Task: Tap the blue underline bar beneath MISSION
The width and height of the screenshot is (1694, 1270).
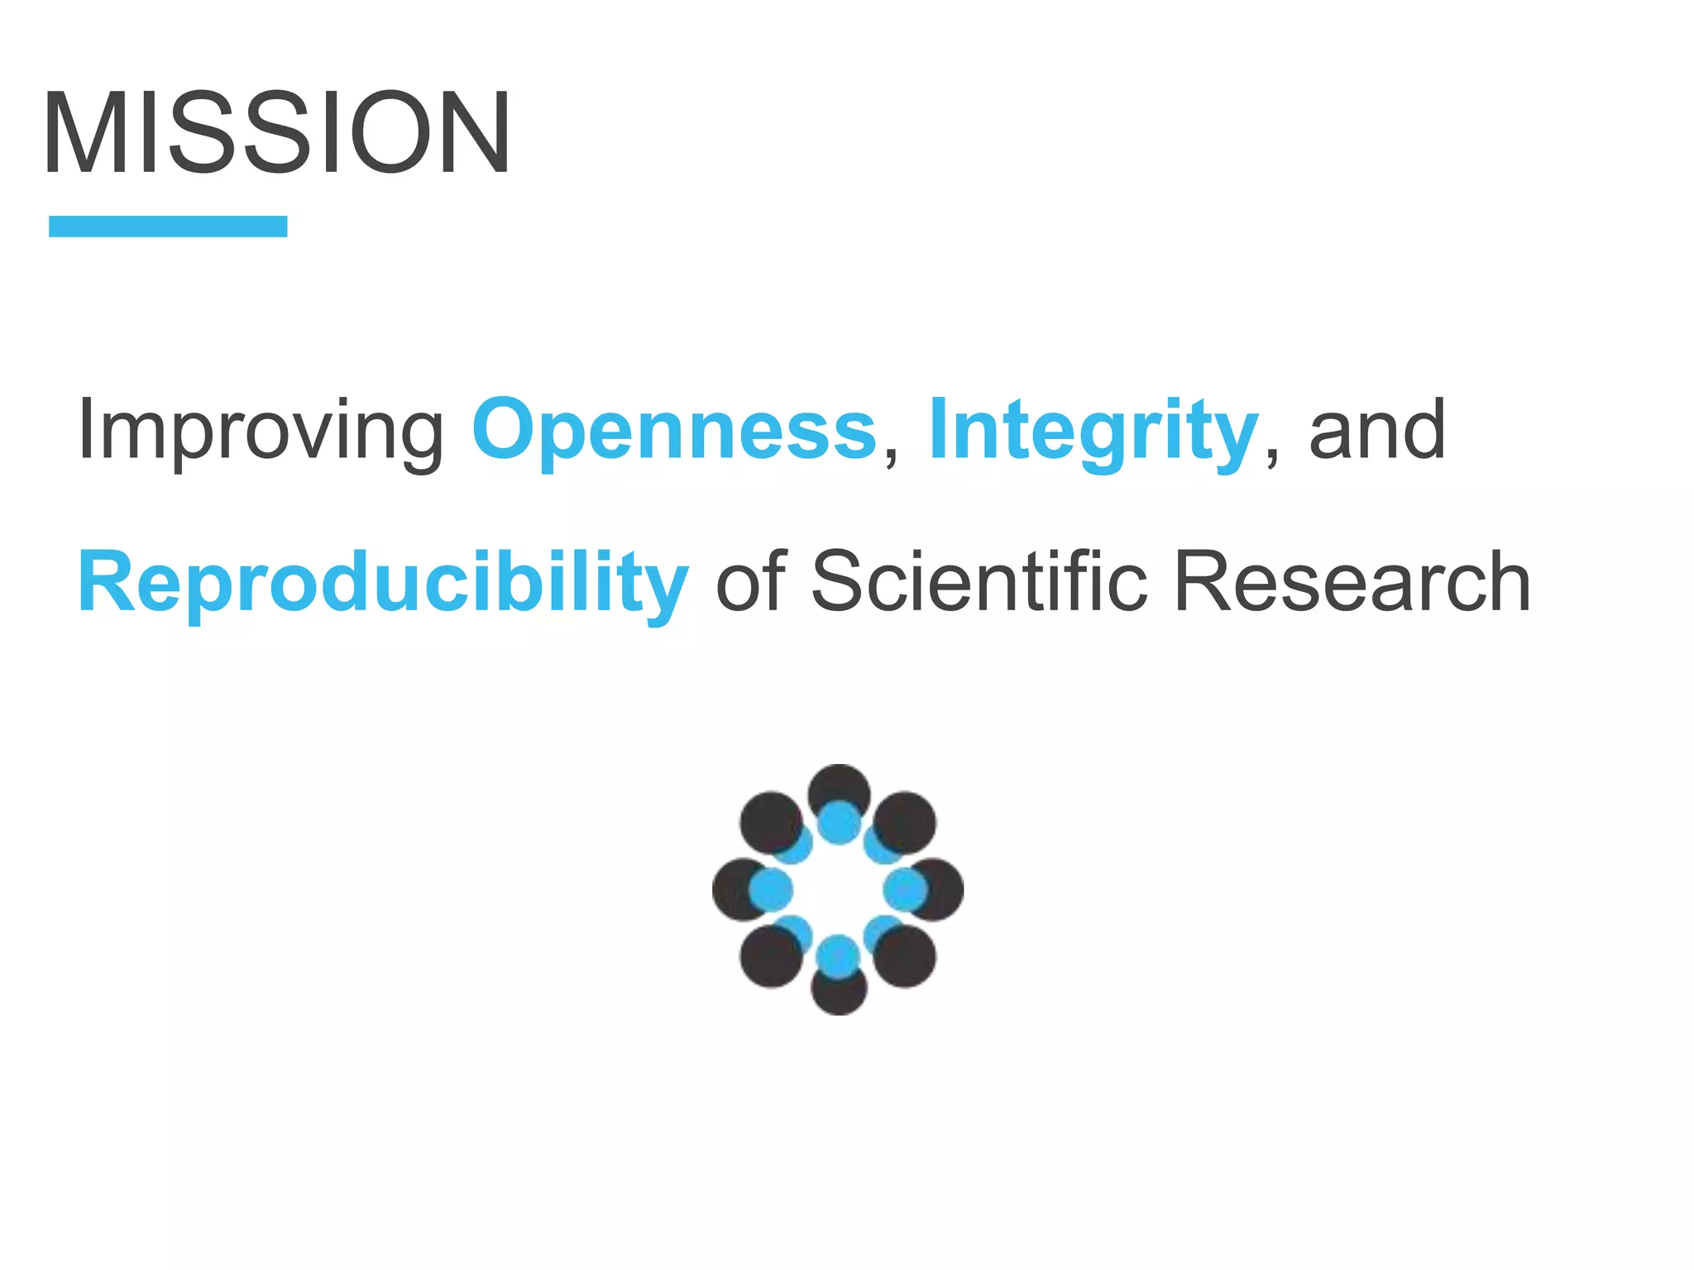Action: coord(168,226)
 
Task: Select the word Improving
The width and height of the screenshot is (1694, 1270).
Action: coord(261,430)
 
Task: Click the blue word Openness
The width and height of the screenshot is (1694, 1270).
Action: coord(674,430)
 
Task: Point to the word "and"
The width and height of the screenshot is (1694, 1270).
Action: coord(1377,430)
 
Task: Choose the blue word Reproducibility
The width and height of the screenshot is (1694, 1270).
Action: coord(383,583)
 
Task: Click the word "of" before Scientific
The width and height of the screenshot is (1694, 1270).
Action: coord(750,583)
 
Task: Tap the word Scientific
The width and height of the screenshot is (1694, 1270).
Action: coord(979,583)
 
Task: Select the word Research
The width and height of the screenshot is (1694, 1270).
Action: coord(1352,583)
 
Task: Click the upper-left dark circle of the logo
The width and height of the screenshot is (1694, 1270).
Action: coord(768,820)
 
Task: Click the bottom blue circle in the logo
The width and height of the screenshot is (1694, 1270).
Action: coord(838,957)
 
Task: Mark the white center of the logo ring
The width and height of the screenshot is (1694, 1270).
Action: coord(838,890)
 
